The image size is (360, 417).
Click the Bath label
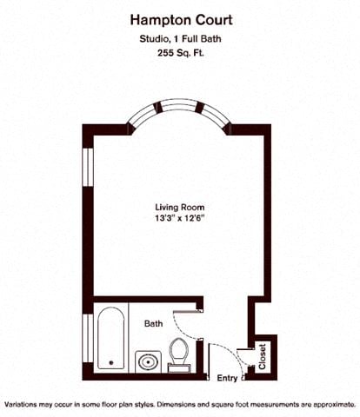coord(153,324)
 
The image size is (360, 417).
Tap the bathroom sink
coord(146,361)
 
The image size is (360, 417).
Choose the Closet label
coord(263,355)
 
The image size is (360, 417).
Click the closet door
coord(252,356)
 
